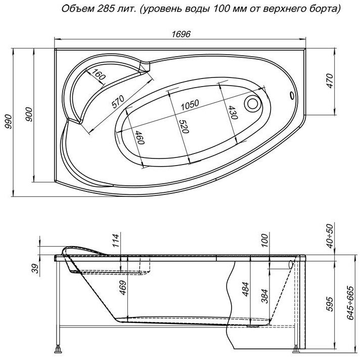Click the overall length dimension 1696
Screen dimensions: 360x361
tap(181, 34)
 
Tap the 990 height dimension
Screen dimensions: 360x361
tap(9, 122)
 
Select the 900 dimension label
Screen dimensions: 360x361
tap(29, 114)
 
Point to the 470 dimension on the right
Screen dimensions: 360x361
tap(330, 81)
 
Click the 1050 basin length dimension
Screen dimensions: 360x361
tap(190, 105)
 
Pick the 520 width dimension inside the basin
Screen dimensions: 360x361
tap(184, 127)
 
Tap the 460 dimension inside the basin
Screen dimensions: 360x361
tap(140, 137)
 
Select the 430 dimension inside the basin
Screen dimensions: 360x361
tap(233, 112)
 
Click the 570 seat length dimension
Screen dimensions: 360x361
tap(118, 102)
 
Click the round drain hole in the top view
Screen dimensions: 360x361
tap(253, 103)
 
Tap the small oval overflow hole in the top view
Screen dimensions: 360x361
tap(292, 95)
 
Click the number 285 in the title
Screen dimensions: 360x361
tap(104, 9)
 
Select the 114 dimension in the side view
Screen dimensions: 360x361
tap(116, 240)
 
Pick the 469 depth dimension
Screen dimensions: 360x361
tap(122, 288)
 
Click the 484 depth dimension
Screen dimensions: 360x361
tap(245, 289)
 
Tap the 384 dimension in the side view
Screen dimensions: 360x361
tap(265, 296)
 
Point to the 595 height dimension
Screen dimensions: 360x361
tap(330, 304)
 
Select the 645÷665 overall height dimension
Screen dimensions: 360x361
tap(350, 303)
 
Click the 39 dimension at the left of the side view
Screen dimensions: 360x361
tap(35, 268)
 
